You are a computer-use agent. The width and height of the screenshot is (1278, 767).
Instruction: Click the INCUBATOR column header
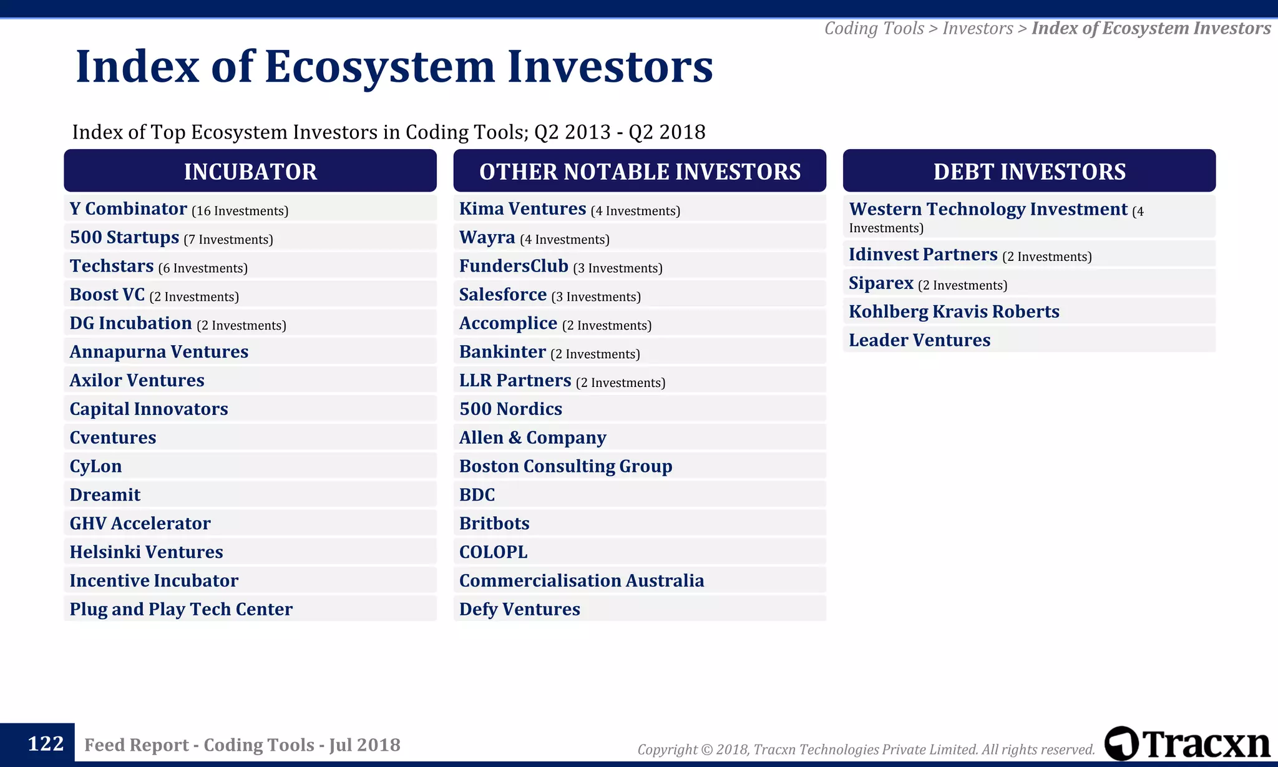[250, 171]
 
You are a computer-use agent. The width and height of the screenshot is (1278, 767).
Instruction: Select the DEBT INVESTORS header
[1029, 171]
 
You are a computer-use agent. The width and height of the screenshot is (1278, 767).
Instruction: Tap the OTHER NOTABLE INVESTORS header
[640, 171]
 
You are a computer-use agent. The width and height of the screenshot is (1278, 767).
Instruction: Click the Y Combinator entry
[129, 209]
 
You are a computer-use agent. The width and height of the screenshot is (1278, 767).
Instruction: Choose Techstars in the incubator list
[112, 266]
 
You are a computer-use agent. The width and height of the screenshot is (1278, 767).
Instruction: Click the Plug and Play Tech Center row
[181, 609]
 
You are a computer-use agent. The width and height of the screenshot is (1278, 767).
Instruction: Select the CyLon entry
[95, 466]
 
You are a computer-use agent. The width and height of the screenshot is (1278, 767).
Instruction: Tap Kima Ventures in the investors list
[523, 209]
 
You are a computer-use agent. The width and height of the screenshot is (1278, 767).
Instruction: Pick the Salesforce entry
[503, 295]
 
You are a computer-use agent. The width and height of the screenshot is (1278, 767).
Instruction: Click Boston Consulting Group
[565, 466]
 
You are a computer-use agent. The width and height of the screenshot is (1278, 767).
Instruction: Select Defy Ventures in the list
[519, 609]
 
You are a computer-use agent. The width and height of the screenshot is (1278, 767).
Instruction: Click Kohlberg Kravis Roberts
[954, 311]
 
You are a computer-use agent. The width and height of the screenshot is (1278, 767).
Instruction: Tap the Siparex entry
[881, 283]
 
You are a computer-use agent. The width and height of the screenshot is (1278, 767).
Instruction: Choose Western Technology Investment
[988, 210]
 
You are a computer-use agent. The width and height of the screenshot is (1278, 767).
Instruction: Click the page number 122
[46, 744]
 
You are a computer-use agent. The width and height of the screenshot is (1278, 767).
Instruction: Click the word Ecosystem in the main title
[379, 67]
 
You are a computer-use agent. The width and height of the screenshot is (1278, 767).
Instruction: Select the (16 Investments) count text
[240, 211]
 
